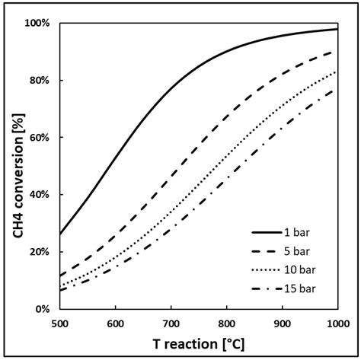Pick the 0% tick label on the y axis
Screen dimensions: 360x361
click(x=43, y=309)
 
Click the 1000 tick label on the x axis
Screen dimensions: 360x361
click(x=337, y=322)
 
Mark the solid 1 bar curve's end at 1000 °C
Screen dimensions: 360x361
click(x=337, y=29)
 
